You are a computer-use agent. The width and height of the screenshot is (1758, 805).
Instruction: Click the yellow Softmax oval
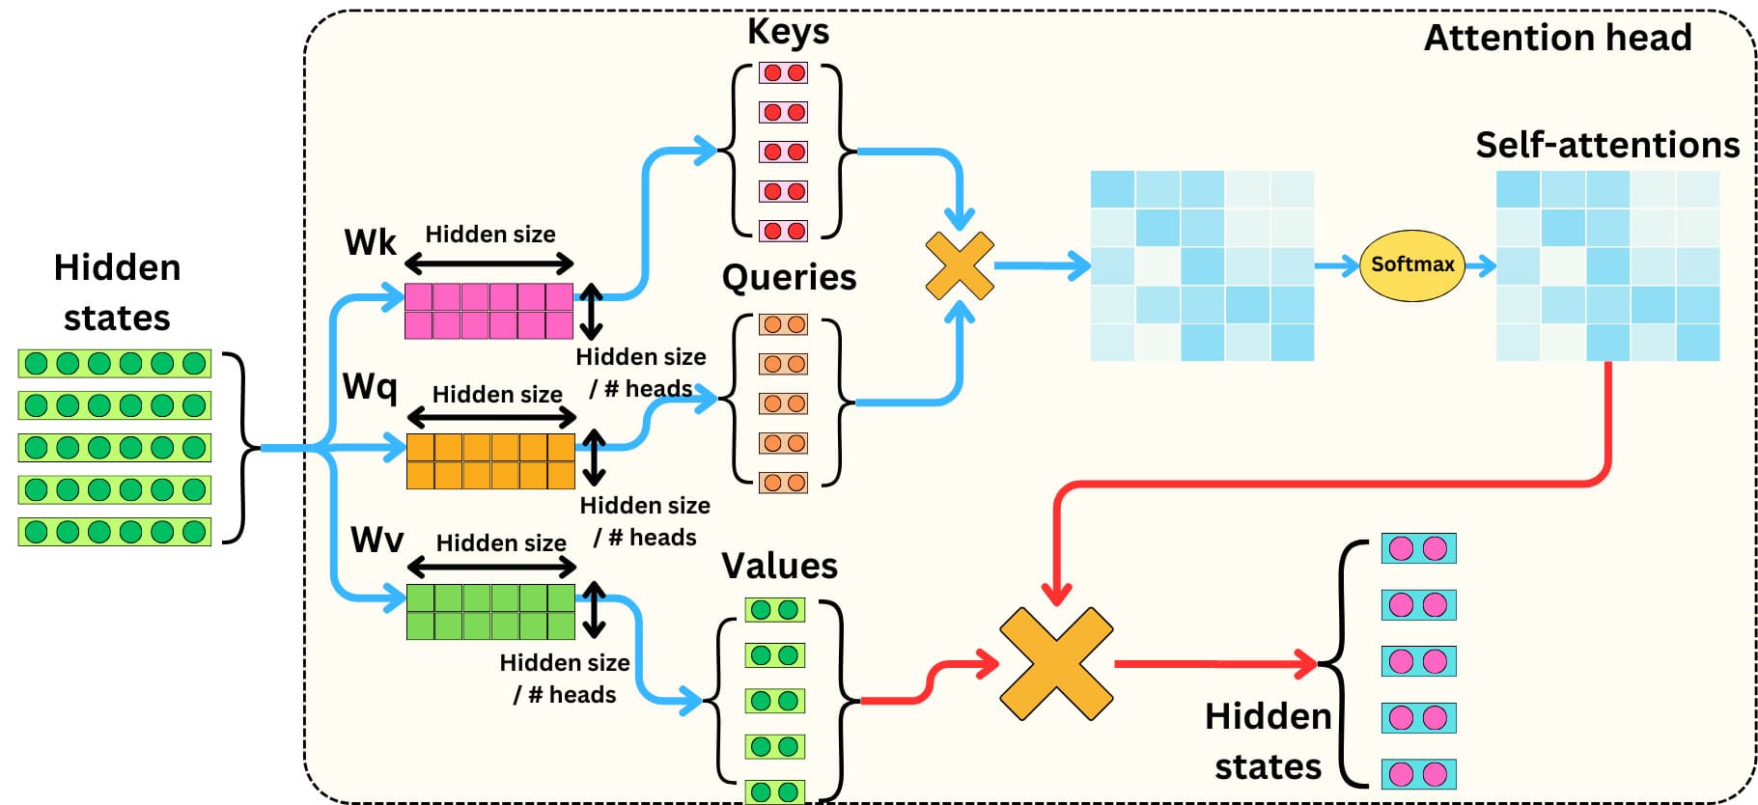pyautogui.click(x=1411, y=265)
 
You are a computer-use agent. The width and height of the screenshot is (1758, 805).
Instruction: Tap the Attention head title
pyautogui.click(x=1557, y=38)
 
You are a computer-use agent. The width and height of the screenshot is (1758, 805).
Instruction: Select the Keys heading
pyautogui.click(x=788, y=31)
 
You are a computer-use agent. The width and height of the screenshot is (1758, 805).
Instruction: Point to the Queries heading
pyautogui.click(x=789, y=277)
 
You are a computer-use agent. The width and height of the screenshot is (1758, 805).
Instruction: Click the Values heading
pyautogui.click(x=779, y=566)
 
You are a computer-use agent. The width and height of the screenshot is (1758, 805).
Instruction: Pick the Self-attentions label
pyautogui.click(x=1607, y=145)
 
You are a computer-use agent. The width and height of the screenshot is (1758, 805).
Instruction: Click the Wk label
pyautogui.click(x=370, y=242)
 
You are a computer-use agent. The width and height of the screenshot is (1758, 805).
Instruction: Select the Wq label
pyautogui.click(x=370, y=387)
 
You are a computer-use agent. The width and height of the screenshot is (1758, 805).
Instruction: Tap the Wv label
pyautogui.click(x=377, y=540)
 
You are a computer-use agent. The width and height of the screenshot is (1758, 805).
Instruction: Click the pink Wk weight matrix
pyautogui.click(x=488, y=311)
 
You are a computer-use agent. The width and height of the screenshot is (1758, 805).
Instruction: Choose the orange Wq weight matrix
pyautogui.click(x=490, y=461)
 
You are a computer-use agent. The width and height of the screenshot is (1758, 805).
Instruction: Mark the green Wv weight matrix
pyautogui.click(x=490, y=612)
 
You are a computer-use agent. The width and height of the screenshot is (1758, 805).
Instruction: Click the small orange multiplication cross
pyautogui.click(x=960, y=265)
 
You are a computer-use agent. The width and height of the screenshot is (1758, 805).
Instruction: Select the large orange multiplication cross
pyautogui.click(x=1056, y=663)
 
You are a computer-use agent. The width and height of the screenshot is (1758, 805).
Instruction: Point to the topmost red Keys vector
pyautogui.click(x=783, y=72)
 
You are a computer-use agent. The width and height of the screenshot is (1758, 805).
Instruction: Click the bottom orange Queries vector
pyautogui.click(x=783, y=483)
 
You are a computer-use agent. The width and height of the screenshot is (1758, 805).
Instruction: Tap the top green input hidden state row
pyautogui.click(x=114, y=364)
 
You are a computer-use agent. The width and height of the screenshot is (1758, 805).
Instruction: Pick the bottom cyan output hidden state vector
pyautogui.click(x=1418, y=774)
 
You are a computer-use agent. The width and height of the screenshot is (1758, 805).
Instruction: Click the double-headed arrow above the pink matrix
pyautogui.click(x=489, y=263)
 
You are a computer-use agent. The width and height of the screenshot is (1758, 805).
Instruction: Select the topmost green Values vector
pyautogui.click(x=774, y=610)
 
